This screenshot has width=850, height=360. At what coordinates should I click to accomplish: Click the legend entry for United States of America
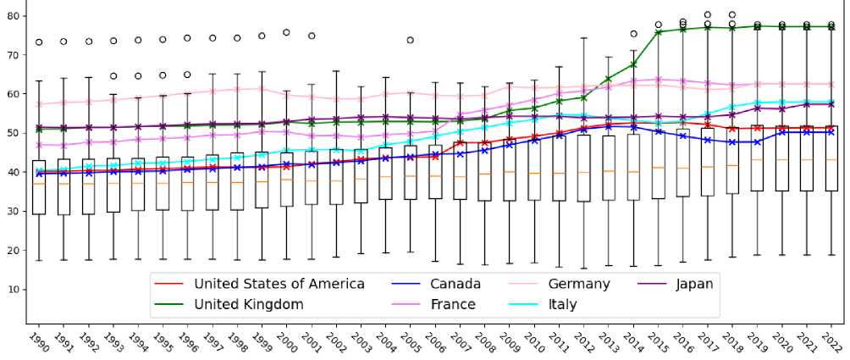click(279, 284)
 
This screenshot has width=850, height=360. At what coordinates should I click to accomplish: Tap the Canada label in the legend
click(454, 284)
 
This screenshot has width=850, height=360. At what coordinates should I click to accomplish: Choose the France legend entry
click(453, 304)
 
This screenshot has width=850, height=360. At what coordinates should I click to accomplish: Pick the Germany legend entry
click(579, 284)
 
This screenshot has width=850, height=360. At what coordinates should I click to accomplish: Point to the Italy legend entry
click(562, 304)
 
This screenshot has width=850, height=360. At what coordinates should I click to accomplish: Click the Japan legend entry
click(694, 284)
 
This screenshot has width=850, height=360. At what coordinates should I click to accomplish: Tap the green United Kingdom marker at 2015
click(658, 32)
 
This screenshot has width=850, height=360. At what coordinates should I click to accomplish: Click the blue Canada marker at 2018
click(732, 142)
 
